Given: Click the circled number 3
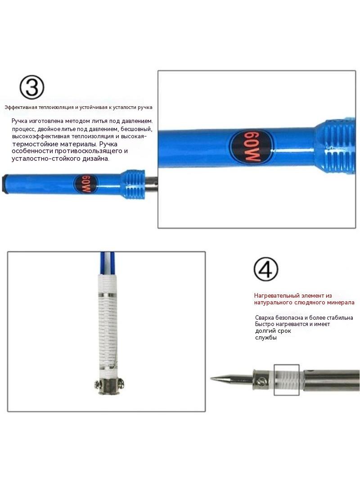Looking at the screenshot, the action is (x=32, y=87).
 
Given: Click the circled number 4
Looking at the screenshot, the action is (x=266, y=269).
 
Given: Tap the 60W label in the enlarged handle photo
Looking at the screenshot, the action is (x=252, y=147).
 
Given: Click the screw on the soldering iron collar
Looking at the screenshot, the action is (x=261, y=381).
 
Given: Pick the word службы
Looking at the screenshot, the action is (x=266, y=338).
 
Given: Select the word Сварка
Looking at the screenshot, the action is (x=265, y=318).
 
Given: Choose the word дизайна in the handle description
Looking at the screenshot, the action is (x=96, y=158).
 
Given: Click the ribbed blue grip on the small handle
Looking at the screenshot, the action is (x=132, y=184).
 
